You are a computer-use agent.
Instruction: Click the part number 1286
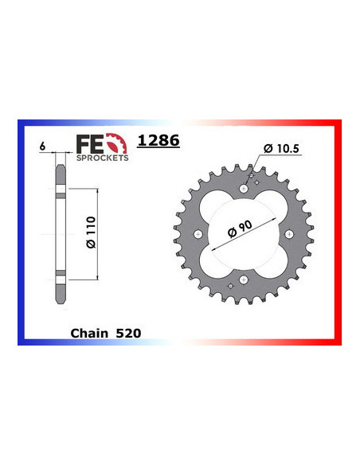(158, 140)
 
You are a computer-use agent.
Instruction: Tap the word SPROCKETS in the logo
(103, 158)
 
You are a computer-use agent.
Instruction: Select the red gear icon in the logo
(116, 143)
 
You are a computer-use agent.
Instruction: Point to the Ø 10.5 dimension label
(281, 148)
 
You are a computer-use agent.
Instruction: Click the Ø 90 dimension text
(240, 229)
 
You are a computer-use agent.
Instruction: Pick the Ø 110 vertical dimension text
(91, 232)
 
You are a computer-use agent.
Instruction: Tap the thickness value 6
(42, 147)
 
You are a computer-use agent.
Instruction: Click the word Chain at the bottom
(89, 334)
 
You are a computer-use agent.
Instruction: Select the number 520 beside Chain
(128, 334)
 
